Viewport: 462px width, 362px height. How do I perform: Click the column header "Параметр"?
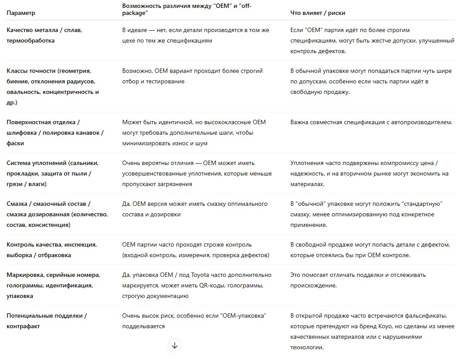[x=21, y=13]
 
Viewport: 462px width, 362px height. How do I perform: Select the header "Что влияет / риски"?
[x=317, y=13]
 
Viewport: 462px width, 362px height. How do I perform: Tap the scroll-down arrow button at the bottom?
[x=175, y=345]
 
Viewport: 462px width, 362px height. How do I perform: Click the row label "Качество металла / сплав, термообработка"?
[x=44, y=35]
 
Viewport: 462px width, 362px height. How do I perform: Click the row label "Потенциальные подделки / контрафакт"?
[x=47, y=321]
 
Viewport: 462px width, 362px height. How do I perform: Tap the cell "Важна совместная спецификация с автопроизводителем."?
[x=371, y=122]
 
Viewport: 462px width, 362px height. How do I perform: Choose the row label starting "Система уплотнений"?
[x=53, y=173]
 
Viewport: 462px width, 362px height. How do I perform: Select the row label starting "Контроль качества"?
[x=52, y=250]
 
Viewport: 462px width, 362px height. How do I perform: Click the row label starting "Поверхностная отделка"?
[x=55, y=133]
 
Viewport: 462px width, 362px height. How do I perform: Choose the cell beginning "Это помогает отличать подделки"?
[x=358, y=280]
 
